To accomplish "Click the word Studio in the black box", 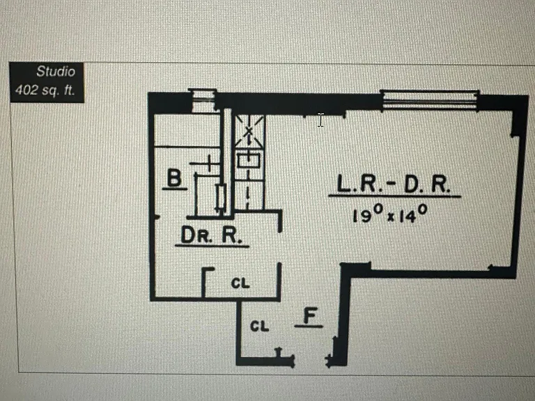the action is point(56,72).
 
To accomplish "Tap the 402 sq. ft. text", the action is point(45,90).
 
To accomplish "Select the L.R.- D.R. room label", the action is point(394,184).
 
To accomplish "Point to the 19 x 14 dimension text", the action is point(389,214).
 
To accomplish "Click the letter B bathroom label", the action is point(174,178).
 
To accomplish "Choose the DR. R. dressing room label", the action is point(211,235).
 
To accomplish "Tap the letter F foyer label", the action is point(310,315).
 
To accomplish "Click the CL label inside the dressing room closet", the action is point(240,283).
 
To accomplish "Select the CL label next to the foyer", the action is point(260,327).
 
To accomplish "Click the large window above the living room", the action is point(430,100).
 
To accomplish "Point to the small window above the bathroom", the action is point(203,100).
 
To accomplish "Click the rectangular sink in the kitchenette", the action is point(249,160).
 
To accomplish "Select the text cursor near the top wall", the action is point(320,120).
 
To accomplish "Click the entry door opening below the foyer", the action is point(310,361).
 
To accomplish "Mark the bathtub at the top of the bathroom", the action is point(187,131).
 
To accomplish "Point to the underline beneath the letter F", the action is point(309,327).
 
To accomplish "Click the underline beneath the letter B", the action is point(174,188).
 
